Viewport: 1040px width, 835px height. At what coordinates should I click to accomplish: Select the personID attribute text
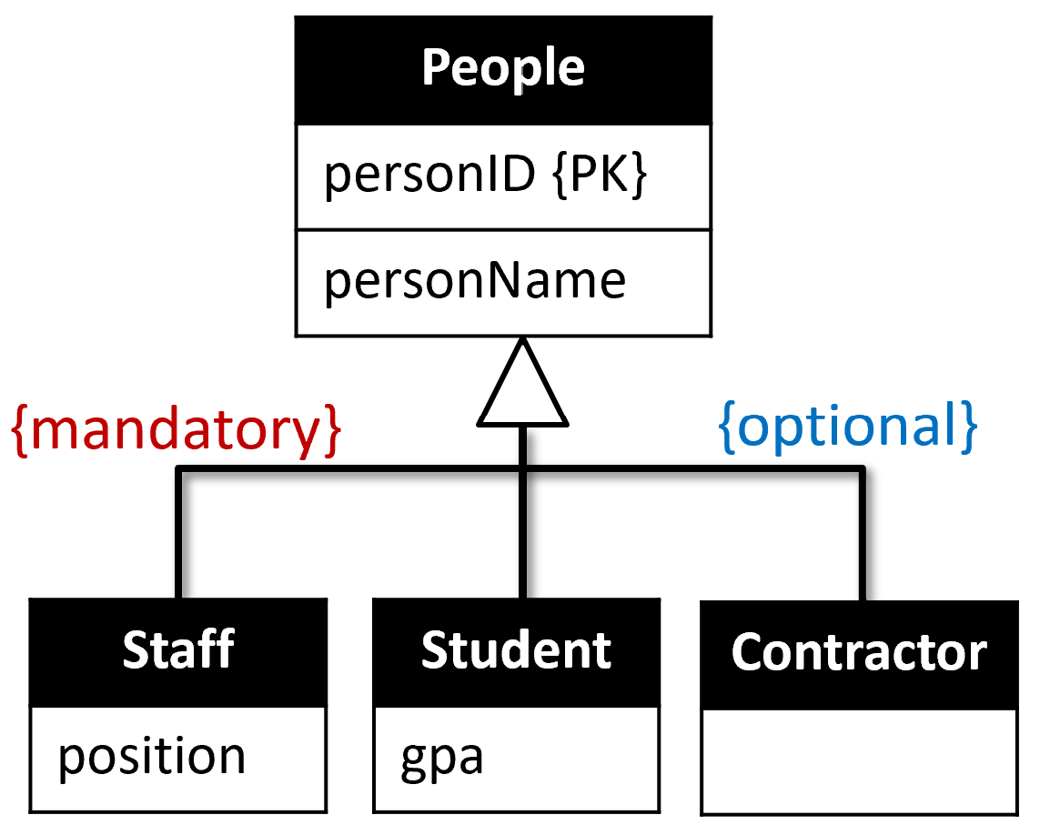tap(429, 176)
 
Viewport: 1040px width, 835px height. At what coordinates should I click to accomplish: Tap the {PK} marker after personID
tap(600, 176)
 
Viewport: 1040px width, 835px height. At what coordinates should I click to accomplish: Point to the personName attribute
tap(475, 281)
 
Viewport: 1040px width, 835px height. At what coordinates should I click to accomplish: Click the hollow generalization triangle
tap(523, 387)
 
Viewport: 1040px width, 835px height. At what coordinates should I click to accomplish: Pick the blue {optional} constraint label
tap(848, 425)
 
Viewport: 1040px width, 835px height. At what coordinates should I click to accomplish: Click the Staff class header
tap(178, 651)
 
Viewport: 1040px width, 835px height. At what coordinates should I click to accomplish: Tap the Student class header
tap(516, 651)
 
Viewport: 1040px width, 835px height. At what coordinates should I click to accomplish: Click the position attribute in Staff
tap(152, 758)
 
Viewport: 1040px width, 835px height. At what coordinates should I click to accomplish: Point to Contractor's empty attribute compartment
tap(859, 761)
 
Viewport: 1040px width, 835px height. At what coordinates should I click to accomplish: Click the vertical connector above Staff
tap(178, 537)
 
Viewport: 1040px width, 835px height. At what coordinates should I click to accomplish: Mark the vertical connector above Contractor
tap(860, 537)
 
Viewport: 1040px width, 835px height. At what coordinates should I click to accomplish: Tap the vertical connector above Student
tap(523, 537)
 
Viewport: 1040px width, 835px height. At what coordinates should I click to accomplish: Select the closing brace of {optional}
tap(969, 425)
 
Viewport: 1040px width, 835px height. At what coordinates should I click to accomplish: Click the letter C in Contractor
tap(748, 653)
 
